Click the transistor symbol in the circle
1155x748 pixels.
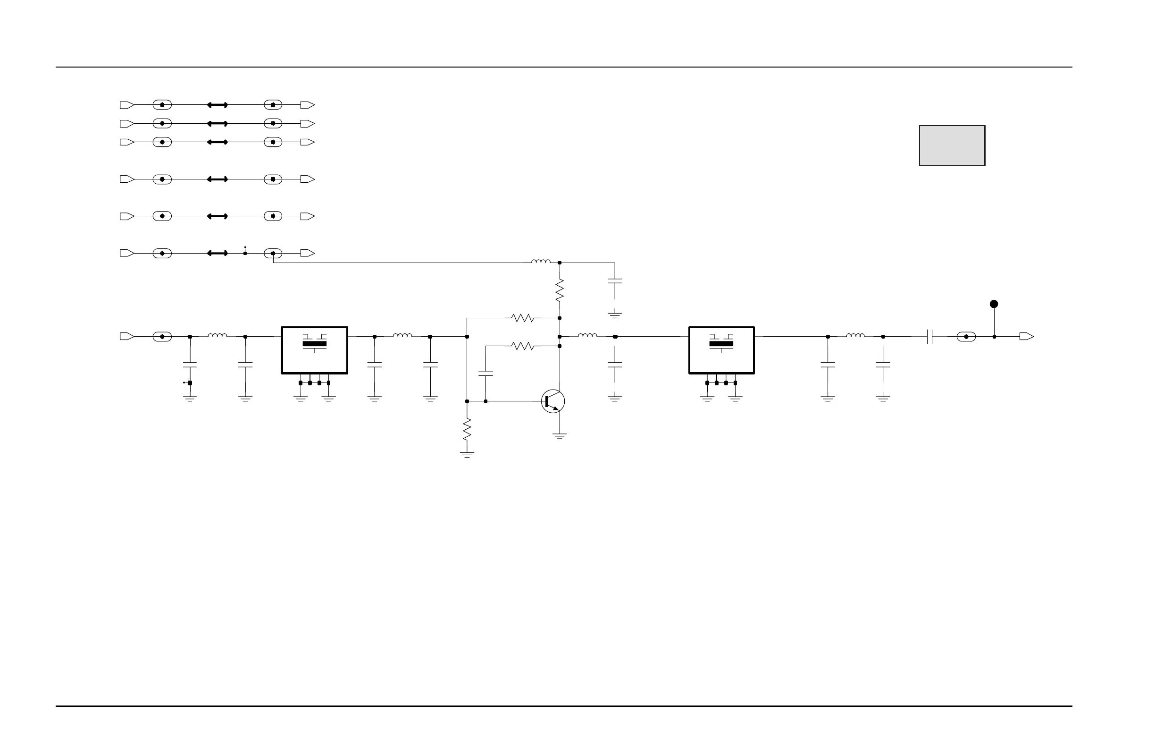pos(553,401)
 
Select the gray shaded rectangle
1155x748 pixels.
pos(952,146)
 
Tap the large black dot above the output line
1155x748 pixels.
pos(994,304)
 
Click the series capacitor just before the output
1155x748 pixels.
pos(929,337)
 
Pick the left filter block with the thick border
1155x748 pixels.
pos(315,350)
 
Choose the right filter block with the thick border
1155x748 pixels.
pos(721,350)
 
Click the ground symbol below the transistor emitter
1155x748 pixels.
pos(560,436)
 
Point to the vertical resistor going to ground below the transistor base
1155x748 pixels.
pos(467,429)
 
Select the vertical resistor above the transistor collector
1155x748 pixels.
pos(560,290)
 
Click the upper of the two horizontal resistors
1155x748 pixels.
pos(523,318)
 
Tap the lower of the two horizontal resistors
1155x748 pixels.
pos(523,346)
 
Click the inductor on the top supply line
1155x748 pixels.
pos(541,262)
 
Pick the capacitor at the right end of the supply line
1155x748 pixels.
pos(615,281)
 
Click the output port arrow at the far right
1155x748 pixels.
pos(1026,337)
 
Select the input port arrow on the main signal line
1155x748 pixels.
pos(126,337)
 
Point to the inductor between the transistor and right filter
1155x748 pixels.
pos(587,336)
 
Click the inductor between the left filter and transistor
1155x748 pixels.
pos(402,336)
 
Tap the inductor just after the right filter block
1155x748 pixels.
pos(855,336)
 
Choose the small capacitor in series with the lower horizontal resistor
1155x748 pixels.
pos(486,374)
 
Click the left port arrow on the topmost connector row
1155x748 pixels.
pos(126,105)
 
